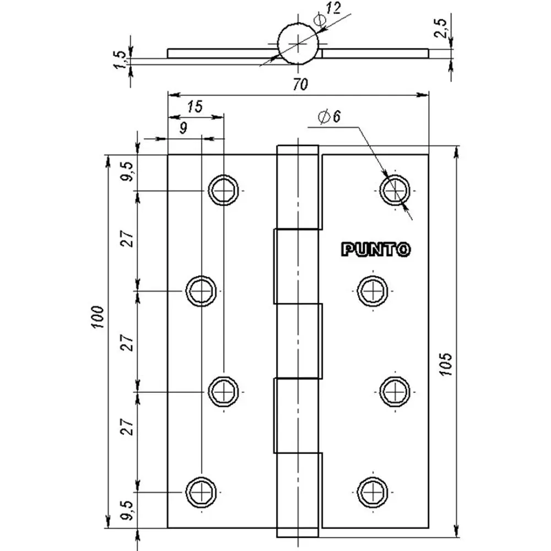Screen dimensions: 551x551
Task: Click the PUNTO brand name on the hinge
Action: coord(376,250)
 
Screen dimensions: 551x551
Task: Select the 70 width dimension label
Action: coord(300,84)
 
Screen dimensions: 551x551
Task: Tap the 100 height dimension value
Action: coord(98,317)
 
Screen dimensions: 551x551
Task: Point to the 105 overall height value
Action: coord(446,364)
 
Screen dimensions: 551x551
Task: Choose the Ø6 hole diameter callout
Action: coord(329,117)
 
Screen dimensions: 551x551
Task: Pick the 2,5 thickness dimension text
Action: coord(441,28)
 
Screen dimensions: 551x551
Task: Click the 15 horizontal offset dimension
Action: coord(195,106)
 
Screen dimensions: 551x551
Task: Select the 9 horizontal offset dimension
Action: coord(183,128)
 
